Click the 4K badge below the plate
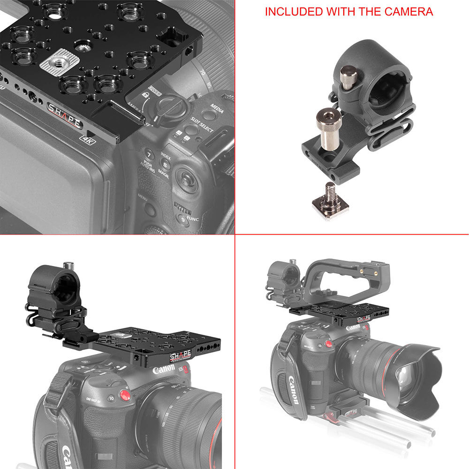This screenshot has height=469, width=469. [87, 139]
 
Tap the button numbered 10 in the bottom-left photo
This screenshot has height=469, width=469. [111, 398]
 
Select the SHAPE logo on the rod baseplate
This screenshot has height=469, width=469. [350, 412]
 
